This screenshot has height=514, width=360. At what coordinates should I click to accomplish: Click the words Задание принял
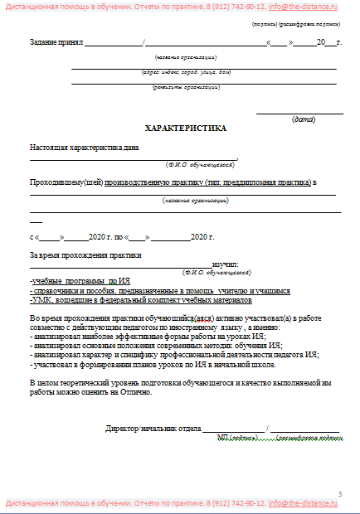pyautogui.click(x=56, y=42)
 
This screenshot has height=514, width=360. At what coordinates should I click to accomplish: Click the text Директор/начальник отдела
pyautogui.click(x=158, y=429)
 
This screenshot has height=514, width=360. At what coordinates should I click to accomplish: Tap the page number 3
pyautogui.click(x=339, y=494)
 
